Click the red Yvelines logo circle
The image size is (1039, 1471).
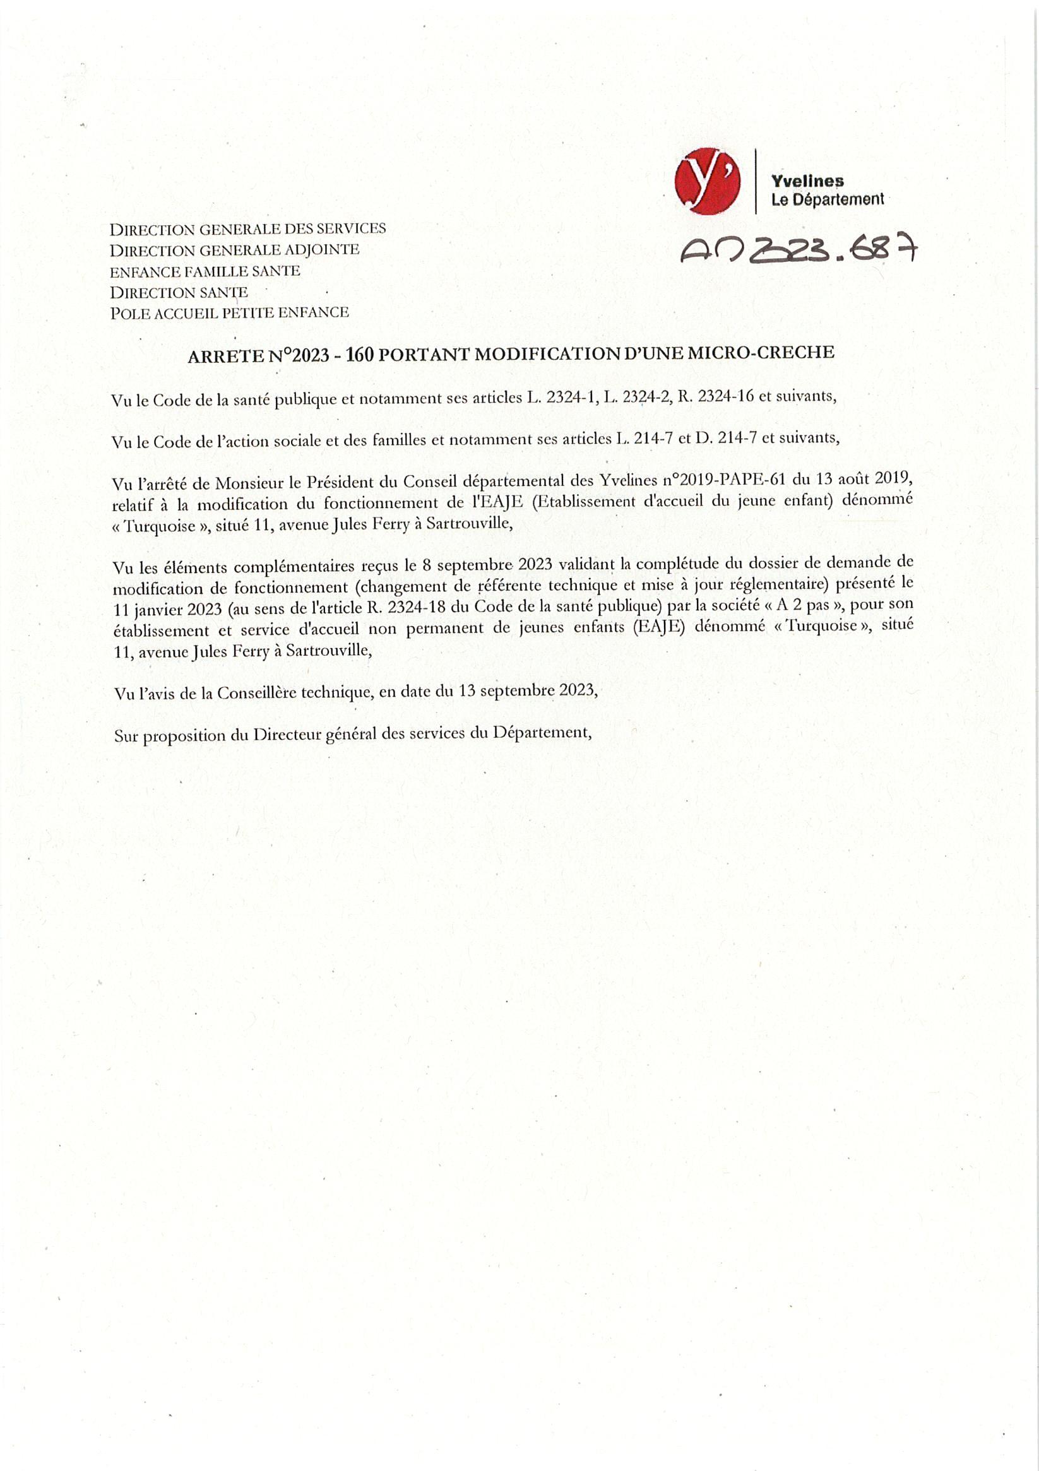click(x=707, y=181)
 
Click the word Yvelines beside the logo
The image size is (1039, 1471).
click(x=807, y=181)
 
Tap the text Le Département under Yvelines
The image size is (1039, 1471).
click(x=827, y=200)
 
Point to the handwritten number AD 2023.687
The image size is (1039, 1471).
click(x=799, y=251)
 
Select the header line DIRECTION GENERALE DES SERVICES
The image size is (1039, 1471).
click(x=247, y=228)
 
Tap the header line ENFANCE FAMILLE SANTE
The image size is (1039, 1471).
click(x=205, y=271)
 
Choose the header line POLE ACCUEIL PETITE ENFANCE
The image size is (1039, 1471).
click(x=230, y=313)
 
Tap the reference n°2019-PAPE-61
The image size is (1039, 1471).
click(x=719, y=480)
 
